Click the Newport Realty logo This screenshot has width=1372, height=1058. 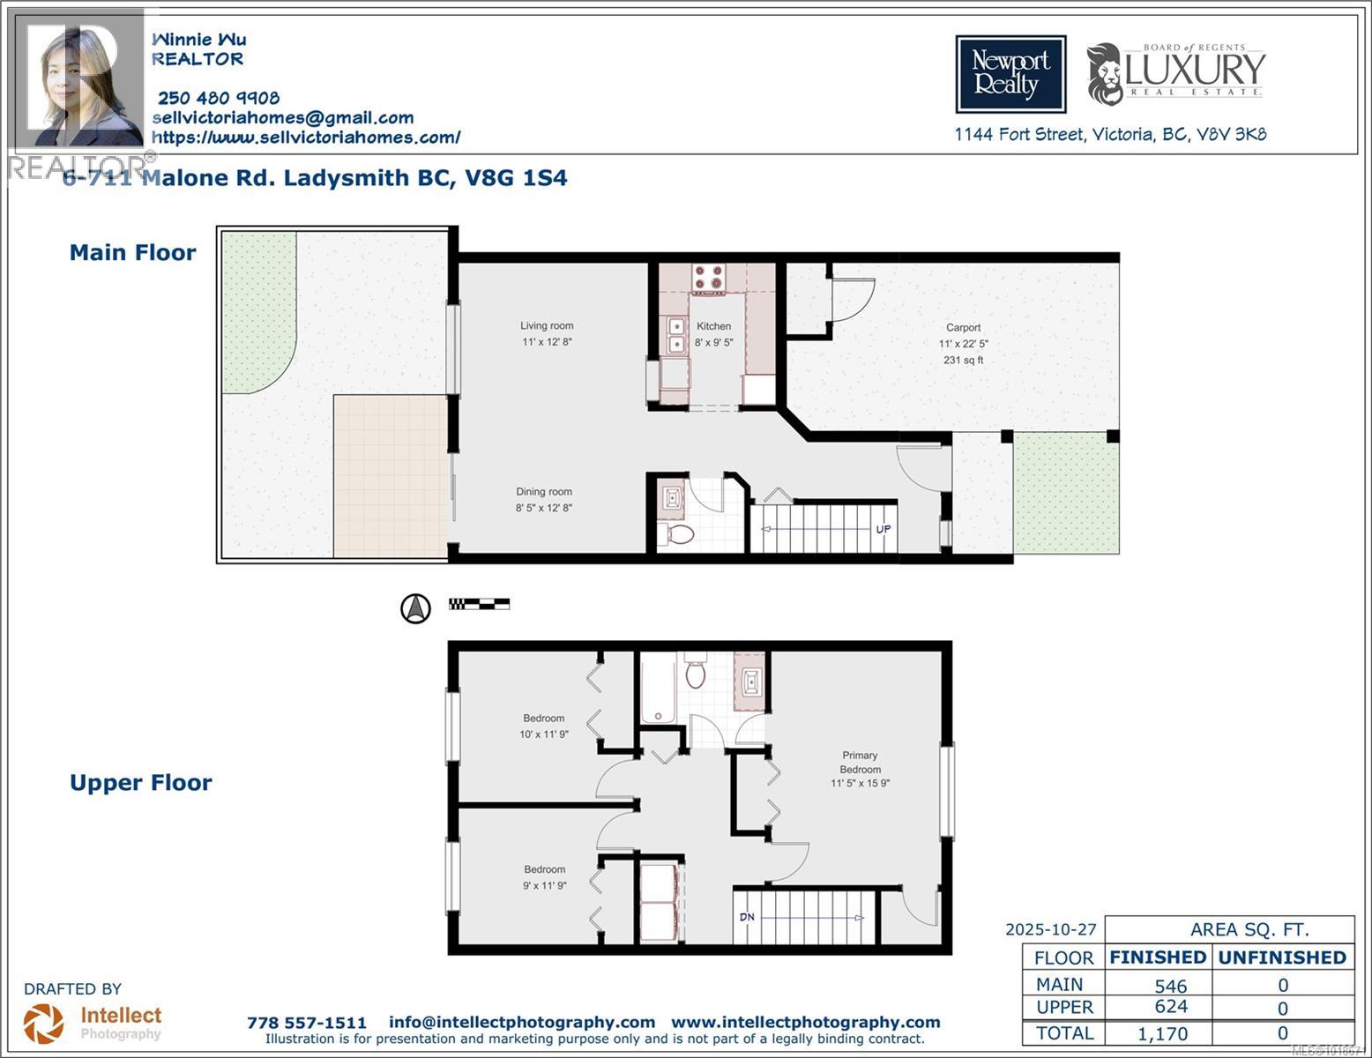point(1010,74)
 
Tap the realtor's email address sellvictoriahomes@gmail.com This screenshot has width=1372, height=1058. point(283,118)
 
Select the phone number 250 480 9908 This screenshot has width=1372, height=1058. point(218,98)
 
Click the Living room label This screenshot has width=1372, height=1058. point(547,326)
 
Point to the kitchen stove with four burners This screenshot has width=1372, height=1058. point(707,279)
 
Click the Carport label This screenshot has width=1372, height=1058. point(963,328)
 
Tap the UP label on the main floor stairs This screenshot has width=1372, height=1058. point(883,529)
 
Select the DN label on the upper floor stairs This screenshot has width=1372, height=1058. point(747,917)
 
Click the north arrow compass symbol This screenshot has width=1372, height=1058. point(416,607)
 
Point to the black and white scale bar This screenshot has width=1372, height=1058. point(479,604)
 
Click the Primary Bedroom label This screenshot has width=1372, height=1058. point(860,762)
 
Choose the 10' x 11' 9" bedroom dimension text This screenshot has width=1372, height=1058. point(544,734)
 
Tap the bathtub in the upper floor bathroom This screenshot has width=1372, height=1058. point(657,689)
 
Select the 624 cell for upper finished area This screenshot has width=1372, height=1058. point(1170,1007)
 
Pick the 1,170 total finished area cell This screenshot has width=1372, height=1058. point(1163,1033)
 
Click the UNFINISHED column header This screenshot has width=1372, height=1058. point(1282,957)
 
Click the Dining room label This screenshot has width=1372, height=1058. point(544,492)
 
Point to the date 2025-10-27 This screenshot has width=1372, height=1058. point(1051,929)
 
